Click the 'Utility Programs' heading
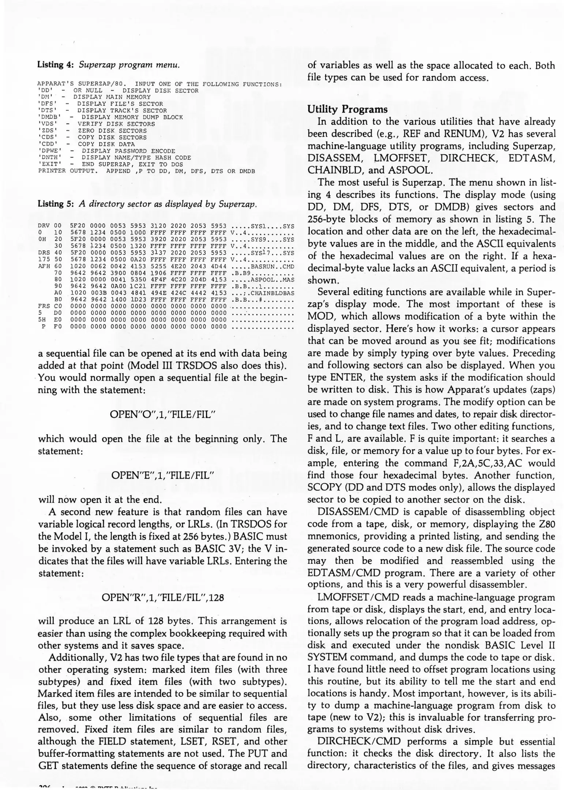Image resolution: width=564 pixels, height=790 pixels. tap(347, 109)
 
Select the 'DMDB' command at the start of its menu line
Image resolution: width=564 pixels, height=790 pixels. tap(50, 117)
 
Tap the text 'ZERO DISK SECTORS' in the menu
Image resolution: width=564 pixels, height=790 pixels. tap(112, 131)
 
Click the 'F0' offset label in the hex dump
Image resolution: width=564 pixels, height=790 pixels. tap(57, 327)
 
